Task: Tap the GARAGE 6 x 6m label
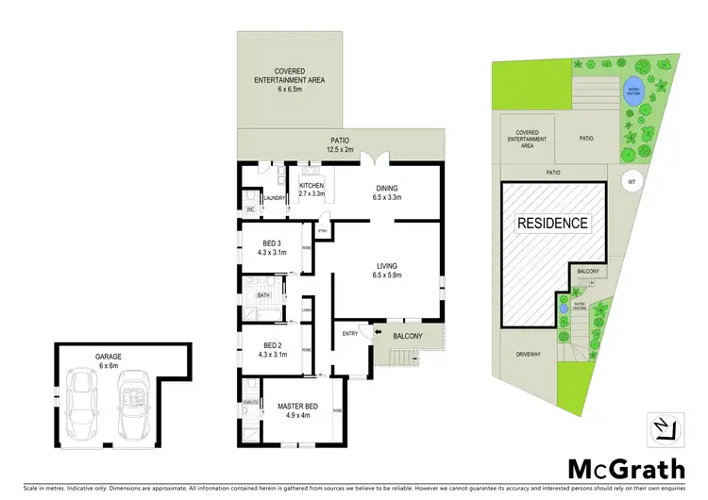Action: coord(108,360)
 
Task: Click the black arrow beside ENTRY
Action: coord(378,331)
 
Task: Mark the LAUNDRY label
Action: coord(275,197)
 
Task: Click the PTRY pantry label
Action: coord(321,229)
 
